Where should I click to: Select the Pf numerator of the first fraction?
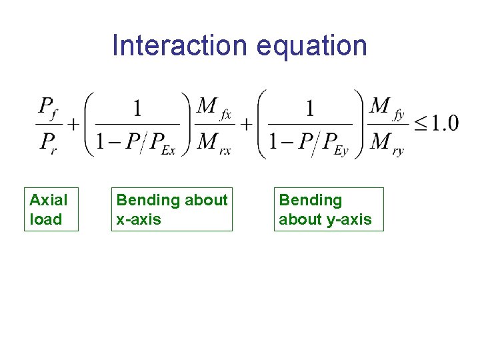[47, 107]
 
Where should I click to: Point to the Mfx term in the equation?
[215, 108]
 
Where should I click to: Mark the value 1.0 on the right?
[444, 124]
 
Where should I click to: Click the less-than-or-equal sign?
[420, 124]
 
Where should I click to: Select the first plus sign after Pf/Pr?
[71, 124]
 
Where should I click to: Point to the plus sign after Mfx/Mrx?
[245, 124]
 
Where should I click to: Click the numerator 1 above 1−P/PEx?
[137, 109]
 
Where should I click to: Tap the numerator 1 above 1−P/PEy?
[310, 109]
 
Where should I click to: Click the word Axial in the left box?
[49, 200]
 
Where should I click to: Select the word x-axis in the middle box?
[139, 219]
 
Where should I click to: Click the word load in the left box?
[45, 219]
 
